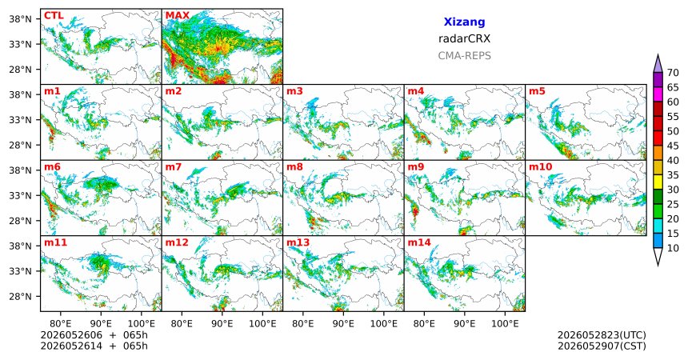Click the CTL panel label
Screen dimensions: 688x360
point(54,16)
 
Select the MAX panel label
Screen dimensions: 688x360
point(178,16)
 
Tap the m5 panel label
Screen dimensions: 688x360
point(537,91)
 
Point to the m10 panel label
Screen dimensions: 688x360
point(540,167)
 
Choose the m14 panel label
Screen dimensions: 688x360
point(419,242)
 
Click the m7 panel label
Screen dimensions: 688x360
point(174,167)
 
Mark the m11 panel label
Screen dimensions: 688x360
point(55,242)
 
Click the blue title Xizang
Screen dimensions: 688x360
point(464,22)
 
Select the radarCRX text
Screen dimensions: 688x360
point(464,38)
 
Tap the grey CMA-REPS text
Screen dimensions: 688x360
point(464,56)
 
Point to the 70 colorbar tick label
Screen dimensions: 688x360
point(673,73)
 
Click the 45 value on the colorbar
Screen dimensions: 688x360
point(673,146)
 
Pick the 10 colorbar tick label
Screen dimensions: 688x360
point(673,248)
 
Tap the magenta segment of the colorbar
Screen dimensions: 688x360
point(658,94)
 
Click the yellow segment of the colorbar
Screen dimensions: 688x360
point(658,182)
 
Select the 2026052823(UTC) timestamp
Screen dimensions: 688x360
point(602,335)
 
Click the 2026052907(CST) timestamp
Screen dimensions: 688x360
point(602,346)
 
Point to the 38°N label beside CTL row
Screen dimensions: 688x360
point(21,19)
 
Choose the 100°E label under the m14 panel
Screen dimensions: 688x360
point(505,324)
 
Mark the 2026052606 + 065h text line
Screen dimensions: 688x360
point(94,335)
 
